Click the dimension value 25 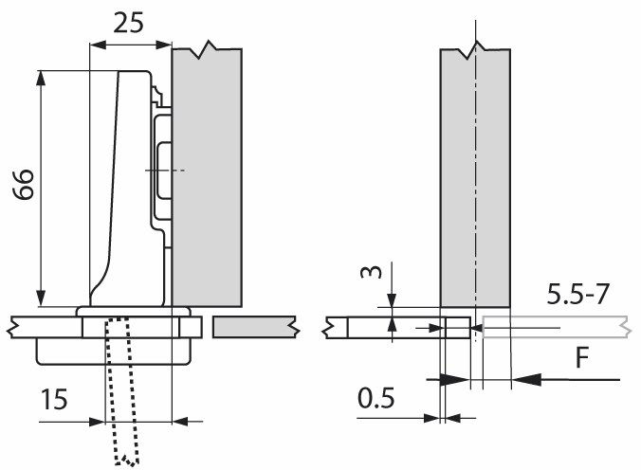128,23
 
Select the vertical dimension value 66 24,184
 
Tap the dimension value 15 54,399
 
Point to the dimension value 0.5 376,398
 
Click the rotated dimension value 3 371,272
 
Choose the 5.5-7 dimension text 578,294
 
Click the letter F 581,357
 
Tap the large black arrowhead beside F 526,379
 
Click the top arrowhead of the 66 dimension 41,78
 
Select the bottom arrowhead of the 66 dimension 41,298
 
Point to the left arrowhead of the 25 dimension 98,45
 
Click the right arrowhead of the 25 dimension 163,45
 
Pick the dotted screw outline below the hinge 121,390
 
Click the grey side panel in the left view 207,178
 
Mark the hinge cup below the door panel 114,351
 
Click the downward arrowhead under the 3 392,299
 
